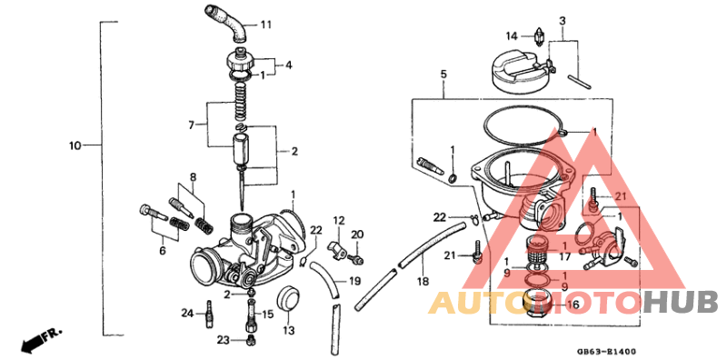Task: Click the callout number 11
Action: coord(265,24)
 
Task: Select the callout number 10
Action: coord(75,145)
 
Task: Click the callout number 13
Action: coord(289,329)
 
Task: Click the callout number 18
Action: coord(423,281)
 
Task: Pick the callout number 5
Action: coord(443,74)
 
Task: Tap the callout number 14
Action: coord(512,35)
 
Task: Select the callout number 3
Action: coord(563,21)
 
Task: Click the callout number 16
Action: coord(573,305)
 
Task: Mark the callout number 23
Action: coord(224,340)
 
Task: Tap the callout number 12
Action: coord(338,221)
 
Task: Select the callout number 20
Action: coord(357,235)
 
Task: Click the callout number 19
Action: coord(354,281)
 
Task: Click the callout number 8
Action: coord(193,176)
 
